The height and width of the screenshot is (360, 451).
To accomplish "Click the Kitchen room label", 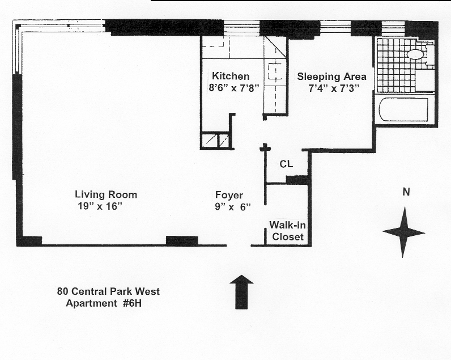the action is pos(231,77).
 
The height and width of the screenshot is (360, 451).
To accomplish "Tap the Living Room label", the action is pos(106,194).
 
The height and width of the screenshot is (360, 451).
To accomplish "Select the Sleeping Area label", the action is pos(331,77).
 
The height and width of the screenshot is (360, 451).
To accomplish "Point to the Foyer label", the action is pos(229,196).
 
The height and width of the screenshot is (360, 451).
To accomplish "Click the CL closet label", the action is pos(286,164).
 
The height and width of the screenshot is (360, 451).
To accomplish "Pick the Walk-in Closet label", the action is pos(288,231).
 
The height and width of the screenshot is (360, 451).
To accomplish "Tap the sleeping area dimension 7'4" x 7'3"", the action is pos(334,88).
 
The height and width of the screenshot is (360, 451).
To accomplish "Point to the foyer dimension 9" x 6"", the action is pos(233,207).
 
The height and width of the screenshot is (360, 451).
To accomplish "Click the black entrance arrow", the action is pos(241,292).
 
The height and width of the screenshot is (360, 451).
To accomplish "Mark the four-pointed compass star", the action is pos(403,232).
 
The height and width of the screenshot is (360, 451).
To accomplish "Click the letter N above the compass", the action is pos(406,192).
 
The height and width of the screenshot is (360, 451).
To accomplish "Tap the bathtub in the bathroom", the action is pos(404,109).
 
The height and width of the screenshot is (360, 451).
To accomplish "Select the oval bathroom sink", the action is pos(415,54).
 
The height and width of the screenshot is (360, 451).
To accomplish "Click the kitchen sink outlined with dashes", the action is pos(275,71).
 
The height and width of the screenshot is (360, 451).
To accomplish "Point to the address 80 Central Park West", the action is pos(108,291).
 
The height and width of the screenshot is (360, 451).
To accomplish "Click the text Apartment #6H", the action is pos(104,303).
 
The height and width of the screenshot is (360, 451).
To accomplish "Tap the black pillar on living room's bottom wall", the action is pos(182,241).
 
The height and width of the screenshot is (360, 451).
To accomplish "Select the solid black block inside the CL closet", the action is pos(297,180).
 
